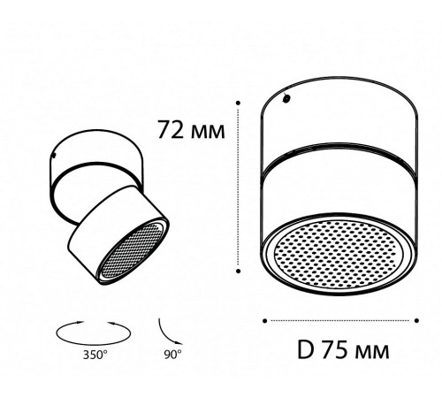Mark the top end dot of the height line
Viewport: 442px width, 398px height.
[240, 104]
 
